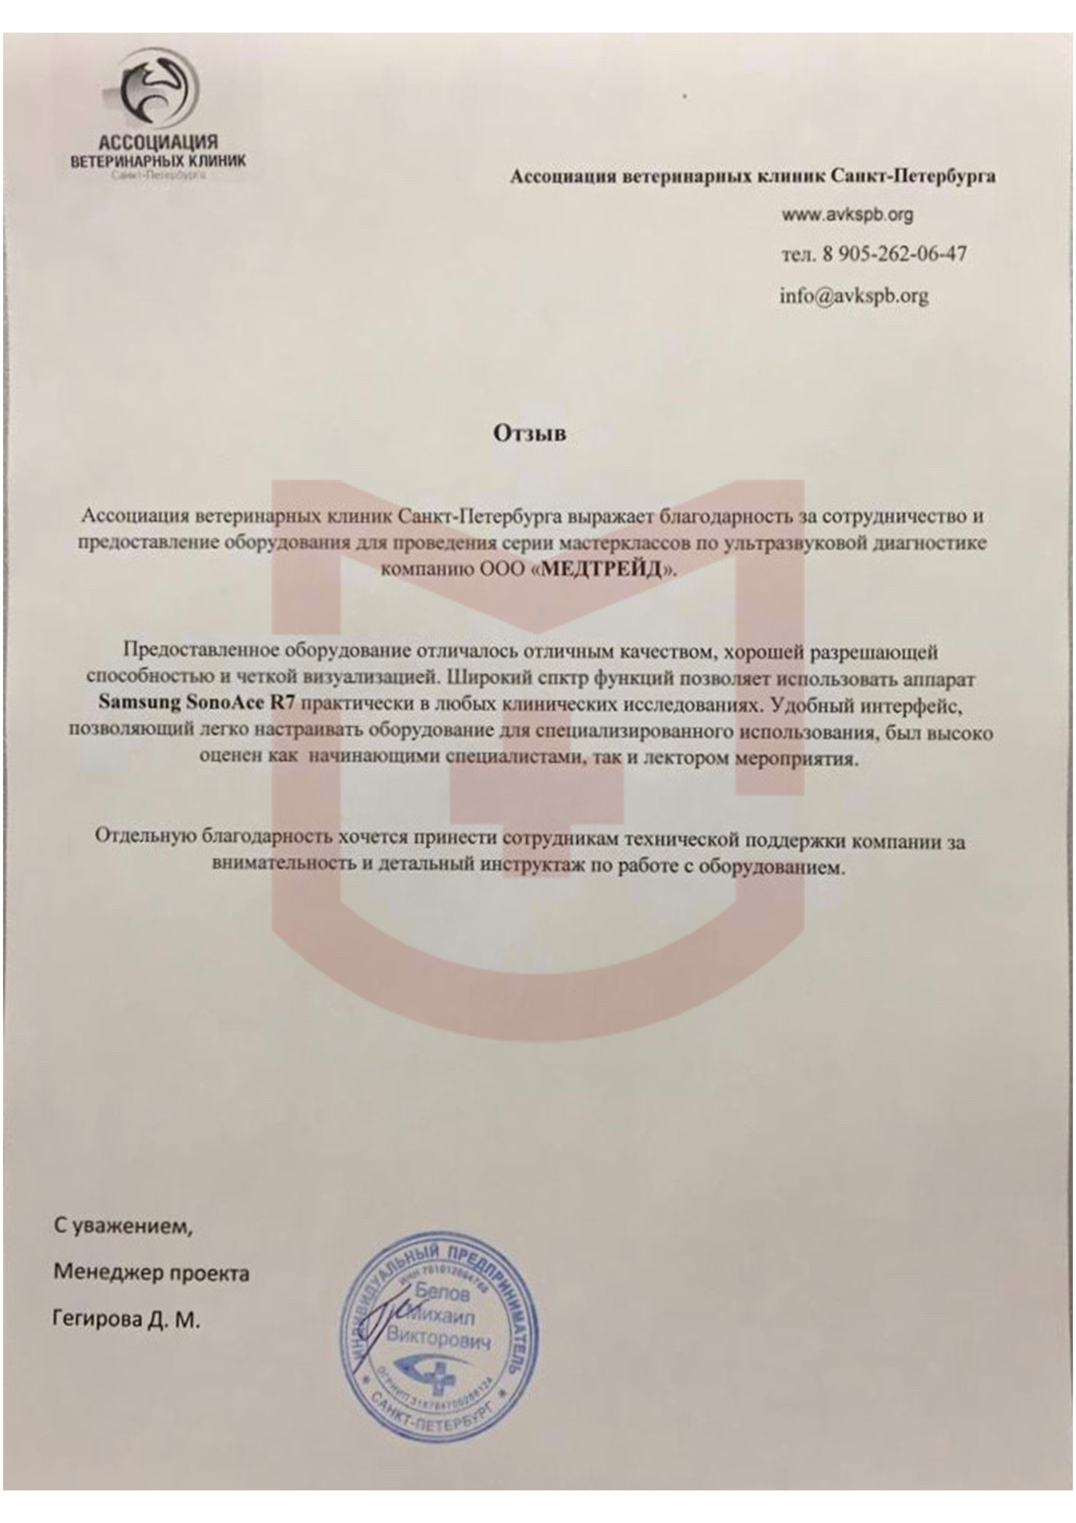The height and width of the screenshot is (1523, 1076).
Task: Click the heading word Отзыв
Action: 529,433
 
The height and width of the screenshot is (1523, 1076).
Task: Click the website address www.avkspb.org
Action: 847,215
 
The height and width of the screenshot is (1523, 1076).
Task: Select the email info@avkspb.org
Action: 853,295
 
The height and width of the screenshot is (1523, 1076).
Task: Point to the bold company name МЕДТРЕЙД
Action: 601,570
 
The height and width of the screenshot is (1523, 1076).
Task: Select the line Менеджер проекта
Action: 151,1272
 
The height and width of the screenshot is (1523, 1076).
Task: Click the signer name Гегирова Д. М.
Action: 126,1320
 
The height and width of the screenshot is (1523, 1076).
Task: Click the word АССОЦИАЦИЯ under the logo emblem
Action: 158,142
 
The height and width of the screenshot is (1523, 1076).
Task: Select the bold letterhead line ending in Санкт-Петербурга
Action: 752,176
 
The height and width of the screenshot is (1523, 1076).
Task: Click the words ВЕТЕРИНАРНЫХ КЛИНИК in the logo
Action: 158,161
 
